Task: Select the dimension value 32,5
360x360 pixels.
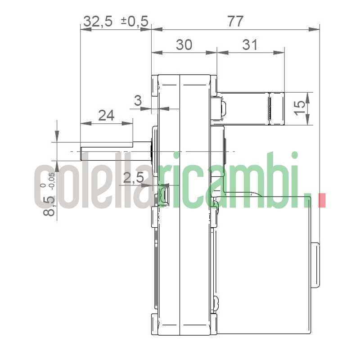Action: [98, 21]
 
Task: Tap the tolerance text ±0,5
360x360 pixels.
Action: [135, 21]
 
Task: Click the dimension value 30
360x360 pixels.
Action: [184, 44]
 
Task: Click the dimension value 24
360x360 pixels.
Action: [106, 116]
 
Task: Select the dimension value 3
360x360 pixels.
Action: [139, 101]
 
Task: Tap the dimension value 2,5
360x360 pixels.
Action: [133, 178]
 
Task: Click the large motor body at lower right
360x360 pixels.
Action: [265, 265]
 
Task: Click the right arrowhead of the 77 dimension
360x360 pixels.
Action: [316, 30]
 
